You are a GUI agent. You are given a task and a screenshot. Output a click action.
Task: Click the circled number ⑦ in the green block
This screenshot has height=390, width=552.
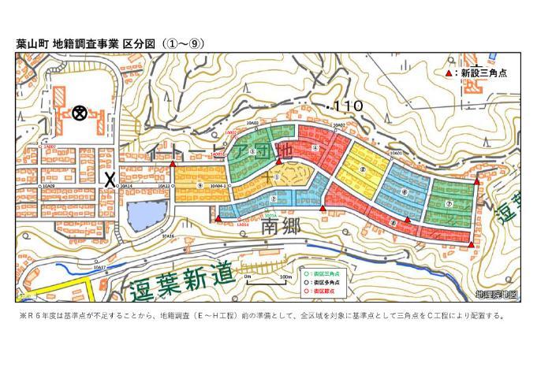(449, 204)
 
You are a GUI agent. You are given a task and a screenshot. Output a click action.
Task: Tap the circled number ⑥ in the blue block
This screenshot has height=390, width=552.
(404, 192)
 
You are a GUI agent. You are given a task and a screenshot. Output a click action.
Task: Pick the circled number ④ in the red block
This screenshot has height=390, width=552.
(315, 147)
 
